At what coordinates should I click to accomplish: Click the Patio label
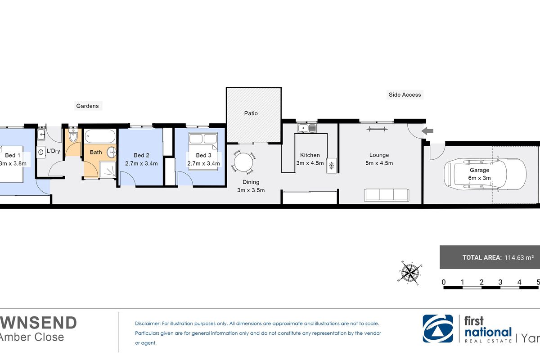pos(251,113)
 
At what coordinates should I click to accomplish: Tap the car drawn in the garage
pos(485,174)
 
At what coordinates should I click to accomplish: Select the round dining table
pos(243,162)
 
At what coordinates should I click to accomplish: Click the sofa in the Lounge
pos(386,195)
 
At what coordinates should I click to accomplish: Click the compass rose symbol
pos(409,272)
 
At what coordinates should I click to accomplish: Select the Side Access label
pos(405,95)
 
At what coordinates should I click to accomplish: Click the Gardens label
pos(87,106)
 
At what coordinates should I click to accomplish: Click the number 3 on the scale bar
pos(500,282)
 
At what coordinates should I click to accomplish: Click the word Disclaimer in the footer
pos(147,324)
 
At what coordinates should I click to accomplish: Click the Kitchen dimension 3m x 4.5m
pos(310,163)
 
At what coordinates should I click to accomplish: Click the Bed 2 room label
pos(141,155)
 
